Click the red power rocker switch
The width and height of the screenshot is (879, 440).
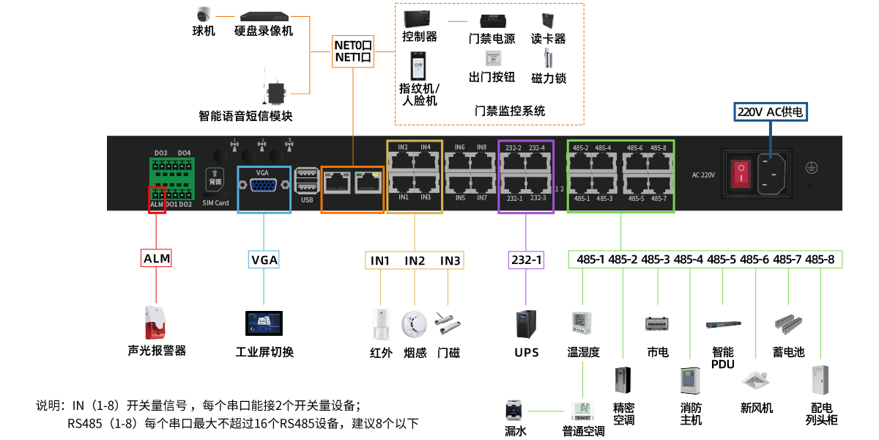point(742,173)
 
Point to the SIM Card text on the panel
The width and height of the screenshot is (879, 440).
point(215,203)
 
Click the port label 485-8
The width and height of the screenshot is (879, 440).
point(658,148)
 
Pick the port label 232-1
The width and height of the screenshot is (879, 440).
point(514,199)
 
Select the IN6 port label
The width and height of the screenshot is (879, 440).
point(459,147)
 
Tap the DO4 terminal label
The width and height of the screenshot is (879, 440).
point(184,153)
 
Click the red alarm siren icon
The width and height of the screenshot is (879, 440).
point(155,323)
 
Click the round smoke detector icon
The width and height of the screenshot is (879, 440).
point(414,324)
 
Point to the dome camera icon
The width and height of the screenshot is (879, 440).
point(204,14)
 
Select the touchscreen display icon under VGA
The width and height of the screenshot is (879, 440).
point(264,323)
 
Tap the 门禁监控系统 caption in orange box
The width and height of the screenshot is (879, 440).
point(510,111)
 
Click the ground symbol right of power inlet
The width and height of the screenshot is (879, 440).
point(811,168)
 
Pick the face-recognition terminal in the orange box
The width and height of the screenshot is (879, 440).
point(418,66)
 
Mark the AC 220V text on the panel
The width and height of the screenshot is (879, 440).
point(703,175)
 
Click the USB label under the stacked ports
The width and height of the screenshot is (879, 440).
point(307,199)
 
